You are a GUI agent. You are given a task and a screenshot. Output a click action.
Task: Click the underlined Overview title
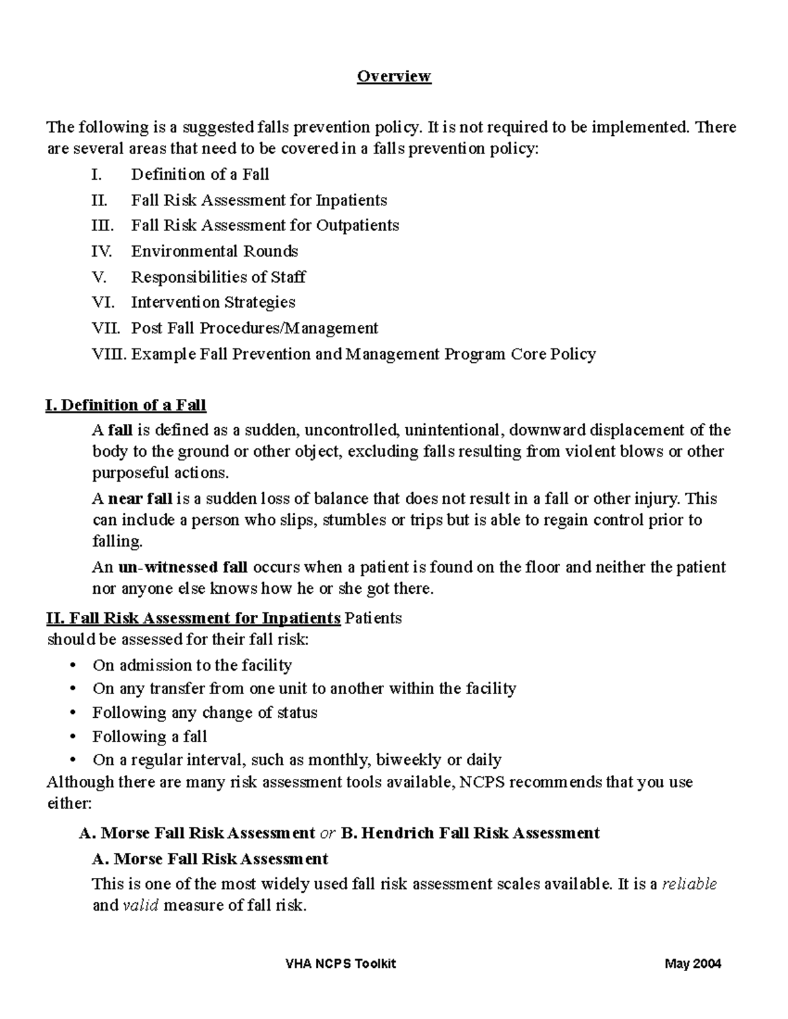[x=393, y=76]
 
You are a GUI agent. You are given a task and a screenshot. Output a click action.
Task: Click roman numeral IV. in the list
[x=102, y=251]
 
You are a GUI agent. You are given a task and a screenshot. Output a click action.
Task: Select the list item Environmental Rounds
[x=214, y=251]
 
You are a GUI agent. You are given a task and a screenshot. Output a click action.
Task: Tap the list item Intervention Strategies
[x=213, y=302]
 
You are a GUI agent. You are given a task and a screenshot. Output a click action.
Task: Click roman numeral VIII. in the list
[x=110, y=354]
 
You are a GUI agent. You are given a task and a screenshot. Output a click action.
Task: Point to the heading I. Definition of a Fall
[x=125, y=406]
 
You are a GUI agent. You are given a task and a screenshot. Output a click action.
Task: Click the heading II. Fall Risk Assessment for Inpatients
[x=194, y=618]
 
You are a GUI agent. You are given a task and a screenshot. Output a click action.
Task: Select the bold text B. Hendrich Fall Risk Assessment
[x=471, y=833]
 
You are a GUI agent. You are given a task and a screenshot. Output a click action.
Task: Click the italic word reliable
[x=689, y=884]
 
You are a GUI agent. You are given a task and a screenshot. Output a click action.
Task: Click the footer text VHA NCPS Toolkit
[x=341, y=964]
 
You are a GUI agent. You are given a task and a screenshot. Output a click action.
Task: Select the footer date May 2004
[x=692, y=964]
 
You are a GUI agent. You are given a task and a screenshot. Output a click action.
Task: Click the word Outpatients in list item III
[x=357, y=226]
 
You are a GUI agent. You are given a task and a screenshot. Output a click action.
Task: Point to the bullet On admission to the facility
[x=192, y=665]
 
